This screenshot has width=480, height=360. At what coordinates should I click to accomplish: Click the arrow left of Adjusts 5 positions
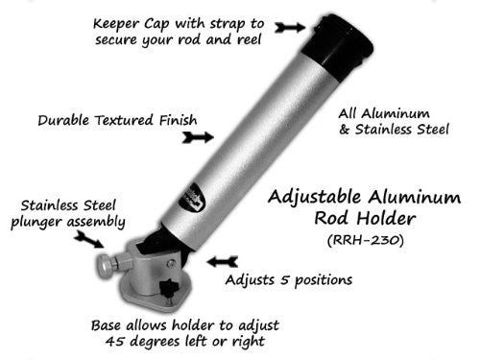(x=222, y=260)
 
